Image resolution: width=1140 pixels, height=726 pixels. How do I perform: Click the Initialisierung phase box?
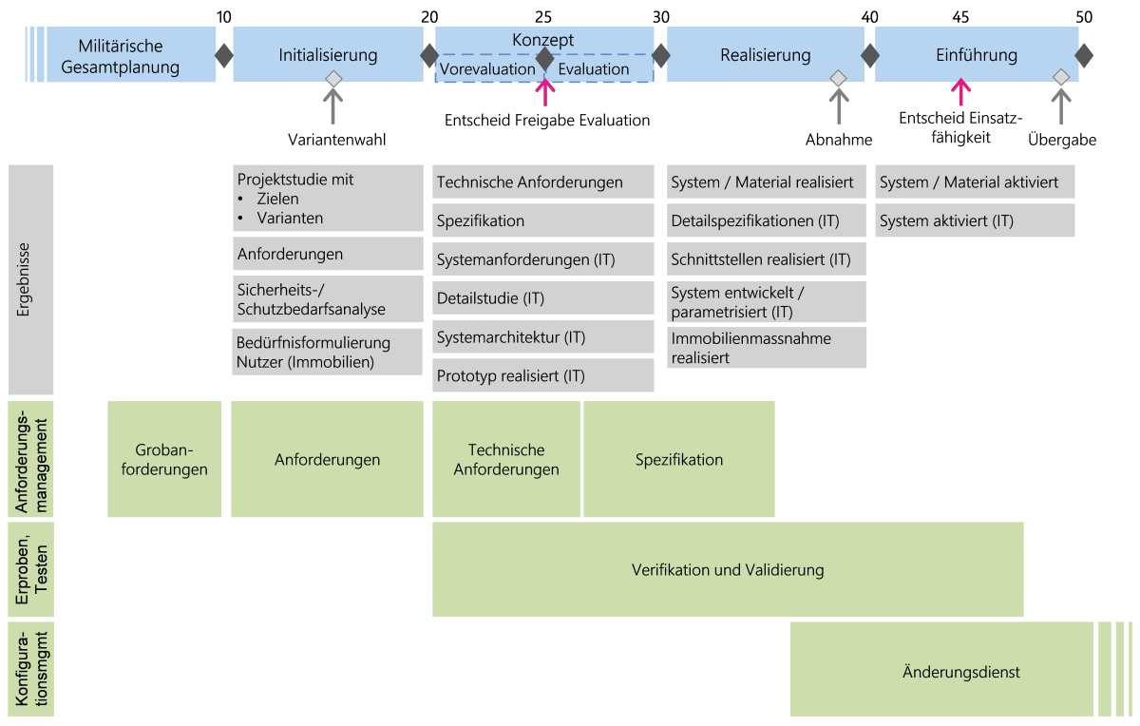[x=328, y=54]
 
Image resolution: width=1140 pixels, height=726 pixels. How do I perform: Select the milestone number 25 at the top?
[x=543, y=16]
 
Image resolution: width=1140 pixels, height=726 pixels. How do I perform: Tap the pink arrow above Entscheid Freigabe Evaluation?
[x=544, y=92]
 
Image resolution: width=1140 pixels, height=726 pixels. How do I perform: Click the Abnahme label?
[x=838, y=140]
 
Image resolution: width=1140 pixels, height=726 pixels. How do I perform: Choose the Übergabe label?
[x=1061, y=140]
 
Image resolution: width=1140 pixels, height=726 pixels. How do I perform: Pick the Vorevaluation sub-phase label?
[x=487, y=69]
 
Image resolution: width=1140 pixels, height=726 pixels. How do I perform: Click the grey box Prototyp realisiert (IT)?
[x=542, y=375]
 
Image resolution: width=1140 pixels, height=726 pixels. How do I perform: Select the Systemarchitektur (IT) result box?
[x=542, y=336]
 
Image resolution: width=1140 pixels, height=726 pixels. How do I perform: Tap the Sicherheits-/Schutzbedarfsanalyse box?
[x=328, y=299]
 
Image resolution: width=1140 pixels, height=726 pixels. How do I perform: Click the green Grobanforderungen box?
[x=164, y=459]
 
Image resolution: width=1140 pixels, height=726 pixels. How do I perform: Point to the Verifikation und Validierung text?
[x=728, y=570]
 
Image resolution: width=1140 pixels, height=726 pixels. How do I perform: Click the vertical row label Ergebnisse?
[x=30, y=279]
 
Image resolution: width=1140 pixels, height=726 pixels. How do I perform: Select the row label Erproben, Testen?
[x=30, y=569]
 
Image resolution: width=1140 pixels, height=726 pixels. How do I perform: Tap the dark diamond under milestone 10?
[x=223, y=55]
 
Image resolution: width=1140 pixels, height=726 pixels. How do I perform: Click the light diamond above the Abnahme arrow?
[x=838, y=78]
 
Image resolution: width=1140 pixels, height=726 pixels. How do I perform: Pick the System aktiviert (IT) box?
[x=975, y=220]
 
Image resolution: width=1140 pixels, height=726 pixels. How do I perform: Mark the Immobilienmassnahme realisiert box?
[x=766, y=348]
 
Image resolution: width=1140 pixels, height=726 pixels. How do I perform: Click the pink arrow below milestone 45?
[x=961, y=92]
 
